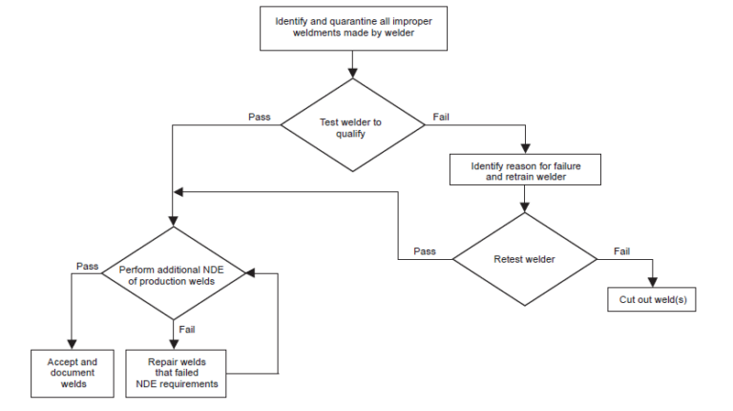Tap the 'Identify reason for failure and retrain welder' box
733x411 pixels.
[525, 171]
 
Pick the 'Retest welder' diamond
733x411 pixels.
[524, 258]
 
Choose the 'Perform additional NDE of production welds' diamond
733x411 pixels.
[174, 275]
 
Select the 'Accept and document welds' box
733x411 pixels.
[72, 371]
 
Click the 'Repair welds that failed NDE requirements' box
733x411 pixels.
[177, 373]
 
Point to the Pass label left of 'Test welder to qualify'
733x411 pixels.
[259, 118]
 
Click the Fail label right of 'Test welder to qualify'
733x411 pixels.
[442, 118]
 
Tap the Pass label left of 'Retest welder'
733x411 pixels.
[425, 251]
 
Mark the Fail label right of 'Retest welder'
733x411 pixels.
[620, 251]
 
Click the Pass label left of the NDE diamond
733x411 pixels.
[87, 266]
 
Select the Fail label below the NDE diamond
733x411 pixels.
[187, 331]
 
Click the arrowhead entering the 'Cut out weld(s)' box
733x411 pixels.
[652, 282]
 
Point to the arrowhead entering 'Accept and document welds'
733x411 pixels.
[72, 344]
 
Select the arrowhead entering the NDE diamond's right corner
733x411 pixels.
[251, 274]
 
